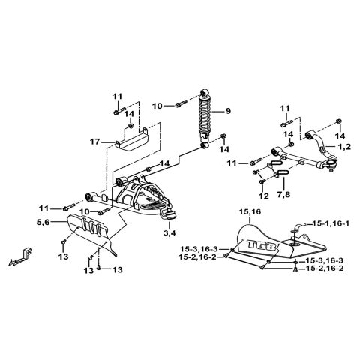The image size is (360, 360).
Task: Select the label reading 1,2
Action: [344, 148]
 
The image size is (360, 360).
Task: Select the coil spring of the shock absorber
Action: [205, 119]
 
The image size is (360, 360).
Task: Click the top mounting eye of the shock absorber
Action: [205, 95]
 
